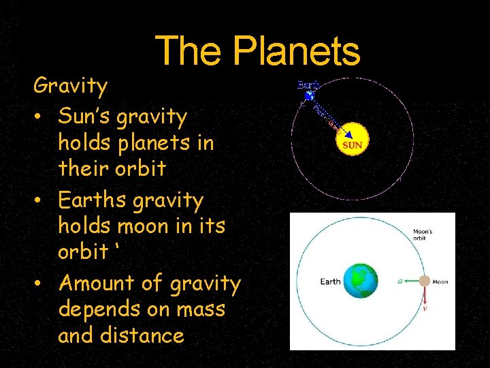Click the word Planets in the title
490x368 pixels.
pos(296,51)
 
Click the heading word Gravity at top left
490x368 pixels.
pos(71,87)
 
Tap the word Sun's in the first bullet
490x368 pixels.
pos(85,117)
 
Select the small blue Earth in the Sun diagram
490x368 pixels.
pos(310,97)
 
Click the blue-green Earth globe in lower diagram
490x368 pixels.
pos(360,281)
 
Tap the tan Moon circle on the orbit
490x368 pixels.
pos(424,281)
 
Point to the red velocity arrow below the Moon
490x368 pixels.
pos(425,294)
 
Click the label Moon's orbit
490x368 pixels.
pos(423,236)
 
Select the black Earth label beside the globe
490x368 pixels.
pos(331,281)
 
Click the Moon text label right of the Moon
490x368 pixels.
pos(440,281)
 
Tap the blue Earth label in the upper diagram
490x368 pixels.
pos(308,85)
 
